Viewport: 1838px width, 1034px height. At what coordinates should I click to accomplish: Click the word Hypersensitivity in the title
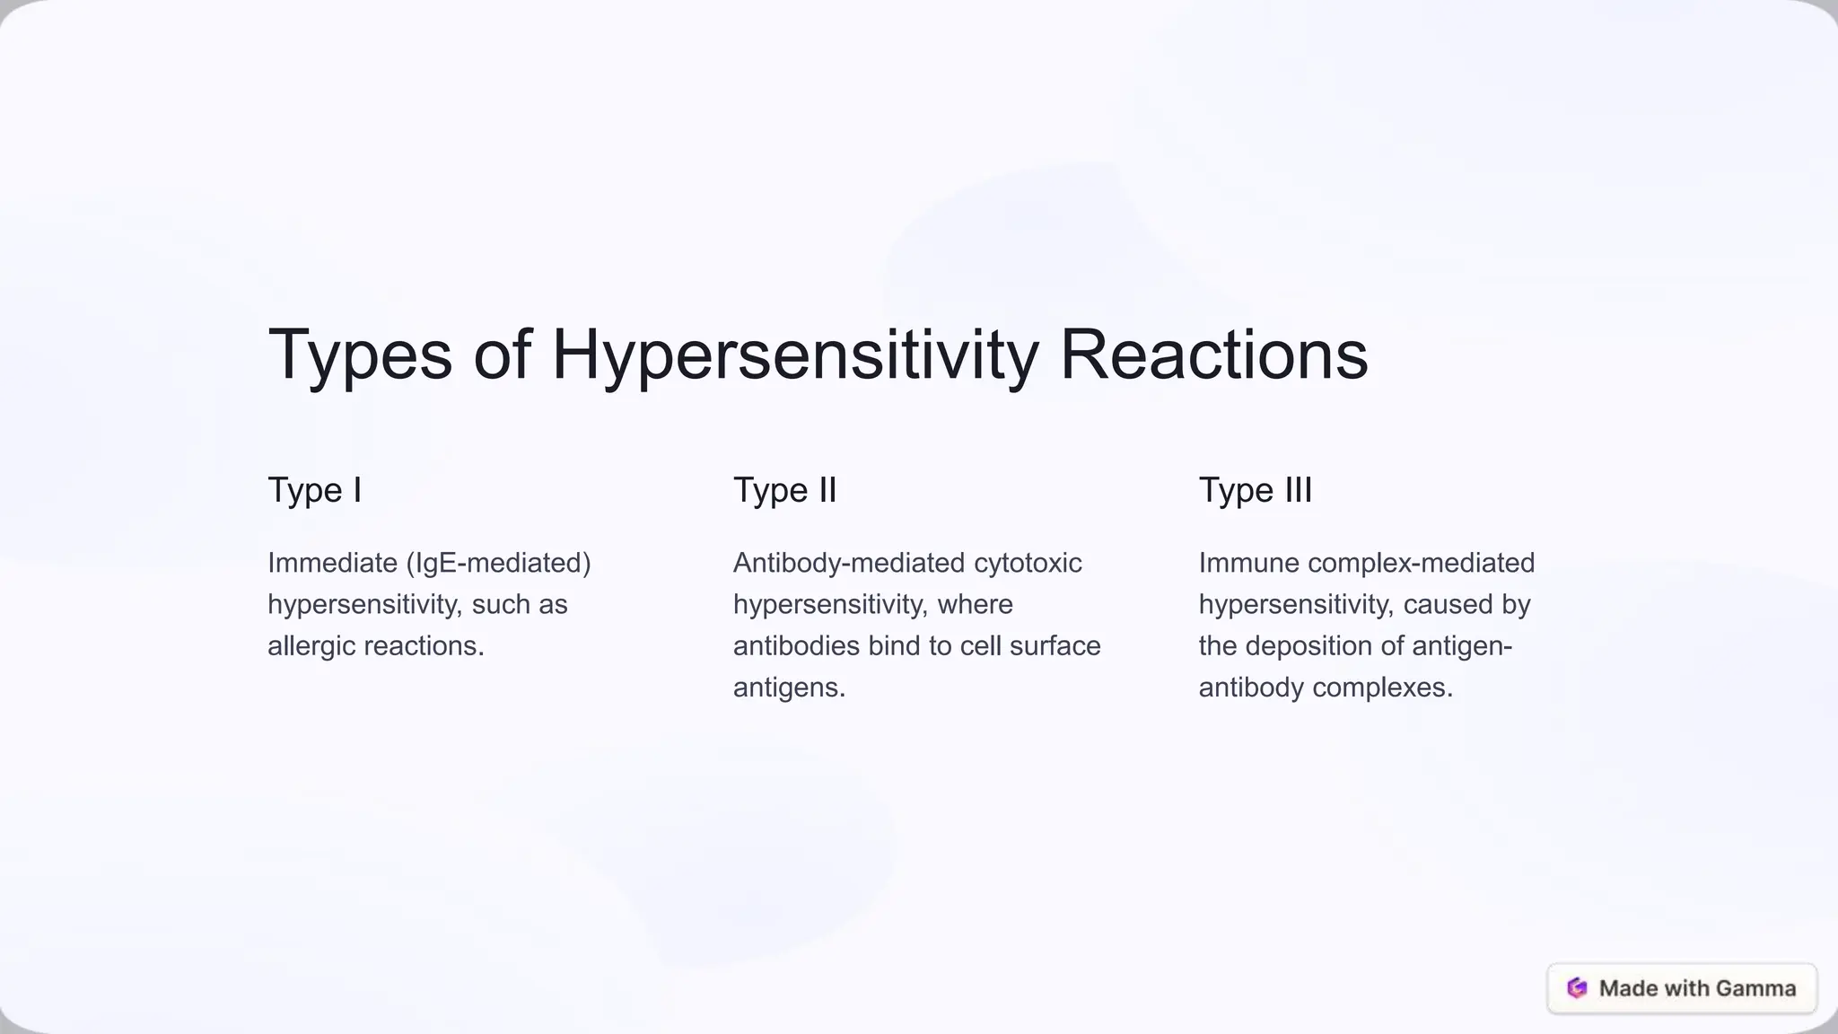tap(794, 355)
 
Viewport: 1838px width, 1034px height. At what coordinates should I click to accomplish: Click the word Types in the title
tap(360, 355)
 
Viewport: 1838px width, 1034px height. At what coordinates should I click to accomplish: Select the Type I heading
tap(314, 490)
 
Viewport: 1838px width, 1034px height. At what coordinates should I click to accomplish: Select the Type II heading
tap(784, 490)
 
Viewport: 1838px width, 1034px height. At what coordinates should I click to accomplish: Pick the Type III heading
tap(1255, 490)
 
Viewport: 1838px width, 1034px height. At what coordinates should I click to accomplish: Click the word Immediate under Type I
tap(332, 563)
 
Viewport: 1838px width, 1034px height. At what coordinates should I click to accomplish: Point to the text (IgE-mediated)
tap(498, 563)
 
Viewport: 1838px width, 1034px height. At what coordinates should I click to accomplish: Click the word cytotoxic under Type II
tap(1028, 563)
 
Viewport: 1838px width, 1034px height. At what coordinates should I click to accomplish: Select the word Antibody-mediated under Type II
tap(848, 563)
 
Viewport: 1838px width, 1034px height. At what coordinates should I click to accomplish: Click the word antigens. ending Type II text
tap(789, 688)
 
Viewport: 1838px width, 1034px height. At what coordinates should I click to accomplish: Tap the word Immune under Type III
tap(1249, 563)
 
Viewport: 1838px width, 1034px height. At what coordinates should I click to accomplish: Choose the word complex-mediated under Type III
tap(1421, 563)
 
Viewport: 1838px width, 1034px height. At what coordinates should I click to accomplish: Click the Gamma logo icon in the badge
tap(1577, 988)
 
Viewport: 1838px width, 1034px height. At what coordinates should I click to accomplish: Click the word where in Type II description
tap(975, 605)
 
